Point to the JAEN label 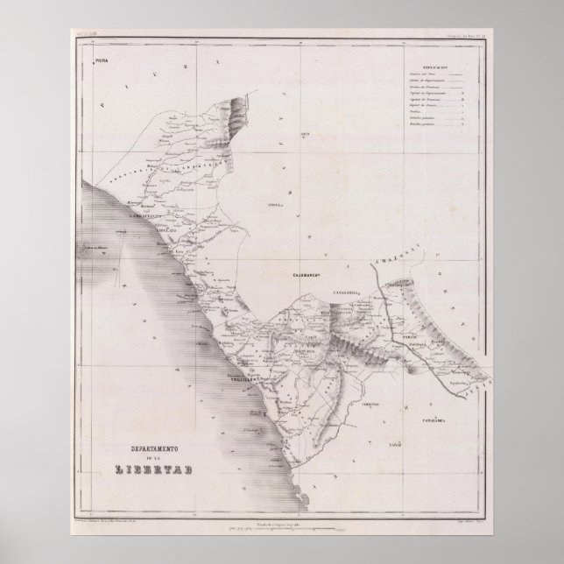pyautogui.click(x=306, y=133)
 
